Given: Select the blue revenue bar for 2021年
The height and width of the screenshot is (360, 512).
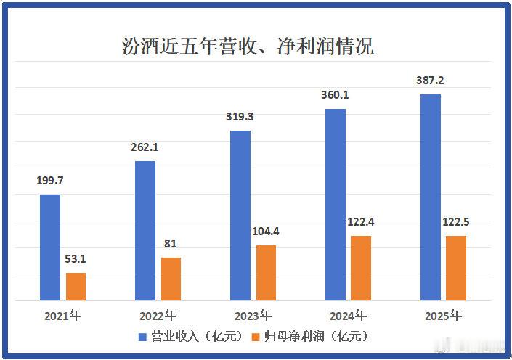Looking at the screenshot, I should (50, 247).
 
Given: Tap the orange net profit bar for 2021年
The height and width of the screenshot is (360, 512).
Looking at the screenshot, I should (76, 287).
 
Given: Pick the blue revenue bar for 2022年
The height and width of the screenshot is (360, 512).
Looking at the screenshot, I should (145, 230).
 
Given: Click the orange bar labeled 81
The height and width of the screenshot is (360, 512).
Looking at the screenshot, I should (171, 279).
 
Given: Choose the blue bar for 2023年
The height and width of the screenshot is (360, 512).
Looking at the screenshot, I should (240, 216).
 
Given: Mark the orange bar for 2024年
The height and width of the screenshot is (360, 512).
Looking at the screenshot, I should (361, 268).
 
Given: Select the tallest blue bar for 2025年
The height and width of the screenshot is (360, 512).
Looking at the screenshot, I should (431, 197).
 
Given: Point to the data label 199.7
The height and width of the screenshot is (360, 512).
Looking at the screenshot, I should (50, 180).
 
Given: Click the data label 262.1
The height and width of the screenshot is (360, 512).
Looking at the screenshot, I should (145, 147).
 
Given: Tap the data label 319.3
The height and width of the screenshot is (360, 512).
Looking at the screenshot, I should (240, 116).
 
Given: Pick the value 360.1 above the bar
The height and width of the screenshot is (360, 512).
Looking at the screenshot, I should (336, 94).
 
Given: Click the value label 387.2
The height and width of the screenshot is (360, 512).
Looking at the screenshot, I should (431, 80).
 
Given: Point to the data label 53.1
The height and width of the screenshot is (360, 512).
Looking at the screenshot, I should (76, 258).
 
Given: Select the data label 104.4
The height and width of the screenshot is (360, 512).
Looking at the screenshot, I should (266, 231).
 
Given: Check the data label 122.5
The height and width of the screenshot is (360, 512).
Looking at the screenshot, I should (456, 221).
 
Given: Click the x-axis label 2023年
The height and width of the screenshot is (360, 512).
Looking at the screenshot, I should (253, 316).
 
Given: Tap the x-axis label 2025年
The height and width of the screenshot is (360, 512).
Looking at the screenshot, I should (443, 316).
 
